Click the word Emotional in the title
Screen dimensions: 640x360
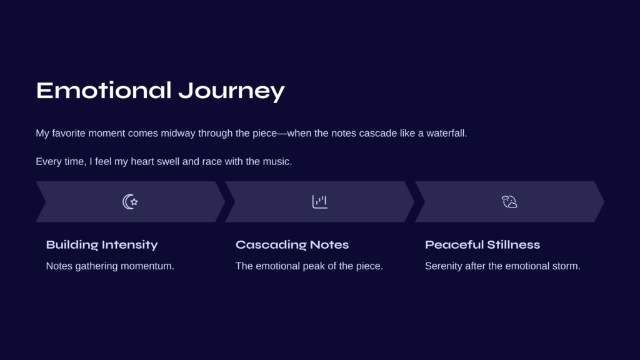pos(104,90)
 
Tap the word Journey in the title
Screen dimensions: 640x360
pos(231,91)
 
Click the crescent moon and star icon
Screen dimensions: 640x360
pos(130,202)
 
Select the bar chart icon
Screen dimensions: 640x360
pos(320,202)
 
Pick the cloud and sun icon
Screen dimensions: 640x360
pos(509,202)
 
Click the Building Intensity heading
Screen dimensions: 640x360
pos(102,244)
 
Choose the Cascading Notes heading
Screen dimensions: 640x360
pos(292,244)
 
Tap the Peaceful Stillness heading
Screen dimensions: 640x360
pos(482,244)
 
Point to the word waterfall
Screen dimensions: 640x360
pos(446,133)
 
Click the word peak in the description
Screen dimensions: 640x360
pos(316,266)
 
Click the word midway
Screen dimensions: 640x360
pos(178,134)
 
